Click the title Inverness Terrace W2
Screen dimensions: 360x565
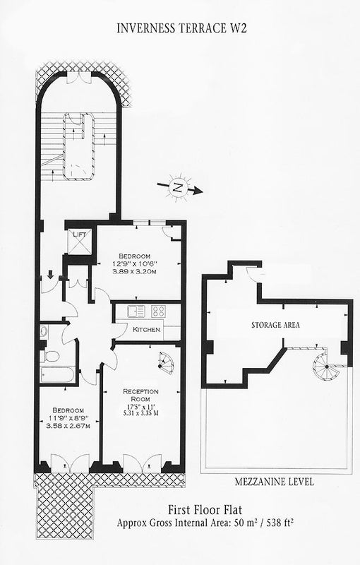tap(181, 28)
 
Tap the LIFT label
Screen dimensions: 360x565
tap(80, 234)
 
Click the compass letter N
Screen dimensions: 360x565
tap(176, 187)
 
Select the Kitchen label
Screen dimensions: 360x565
tap(146, 329)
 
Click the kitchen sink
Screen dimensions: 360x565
tap(136, 311)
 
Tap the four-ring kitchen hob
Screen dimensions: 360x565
tap(158, 311)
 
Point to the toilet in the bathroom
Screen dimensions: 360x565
tap(49, 357)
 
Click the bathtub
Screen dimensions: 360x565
tap(58, 375)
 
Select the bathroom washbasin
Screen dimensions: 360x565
tap(44, 331)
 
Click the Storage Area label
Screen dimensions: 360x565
tap(275, 325)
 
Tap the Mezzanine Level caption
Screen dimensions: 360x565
tap(275, 482)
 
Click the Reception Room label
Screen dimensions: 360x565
tap(140, 395)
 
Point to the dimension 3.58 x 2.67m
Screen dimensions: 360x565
tap(68, 426)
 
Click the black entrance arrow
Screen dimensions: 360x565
tap(50, 275)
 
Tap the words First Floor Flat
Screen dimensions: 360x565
tap(205, 510)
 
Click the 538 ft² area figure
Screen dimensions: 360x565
tap(277, 523)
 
